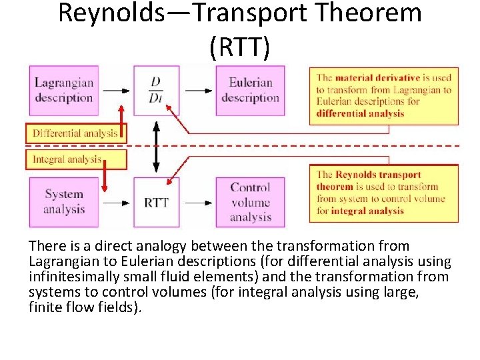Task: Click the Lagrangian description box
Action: pos(63,90)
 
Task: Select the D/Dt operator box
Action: pos(156,91)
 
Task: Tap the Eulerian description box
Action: pos(250,91)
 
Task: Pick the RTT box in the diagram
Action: pos(156,202)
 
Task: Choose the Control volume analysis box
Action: pos(250,202)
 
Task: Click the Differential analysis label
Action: pos(75,133)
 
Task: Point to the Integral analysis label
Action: pos(67,159)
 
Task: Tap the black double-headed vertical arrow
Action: pos(156,147)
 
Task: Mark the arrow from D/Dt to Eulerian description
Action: pos(197,91)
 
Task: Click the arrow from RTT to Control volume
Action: pos(197,202)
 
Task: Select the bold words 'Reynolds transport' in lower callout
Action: pos(377,175)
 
